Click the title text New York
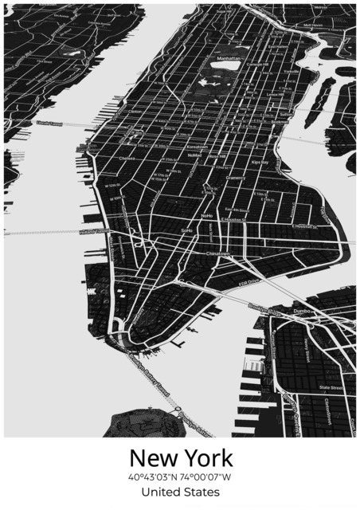click(x=181, y=458)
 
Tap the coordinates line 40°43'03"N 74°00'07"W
click(x=181, y=477)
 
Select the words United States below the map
click(x=181, y=492)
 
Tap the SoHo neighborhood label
click(x=187, y=230)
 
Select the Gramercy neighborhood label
click(x=236, y=178)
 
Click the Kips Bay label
click(x=260, y=162)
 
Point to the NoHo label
click(x=206, y=215)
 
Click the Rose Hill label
click(x=217, y=157)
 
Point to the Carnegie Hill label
click(x=257, y=65)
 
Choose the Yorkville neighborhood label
click(x=291, y=71)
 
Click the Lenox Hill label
click(x=275, y=94)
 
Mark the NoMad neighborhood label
click(x=194, y=155)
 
